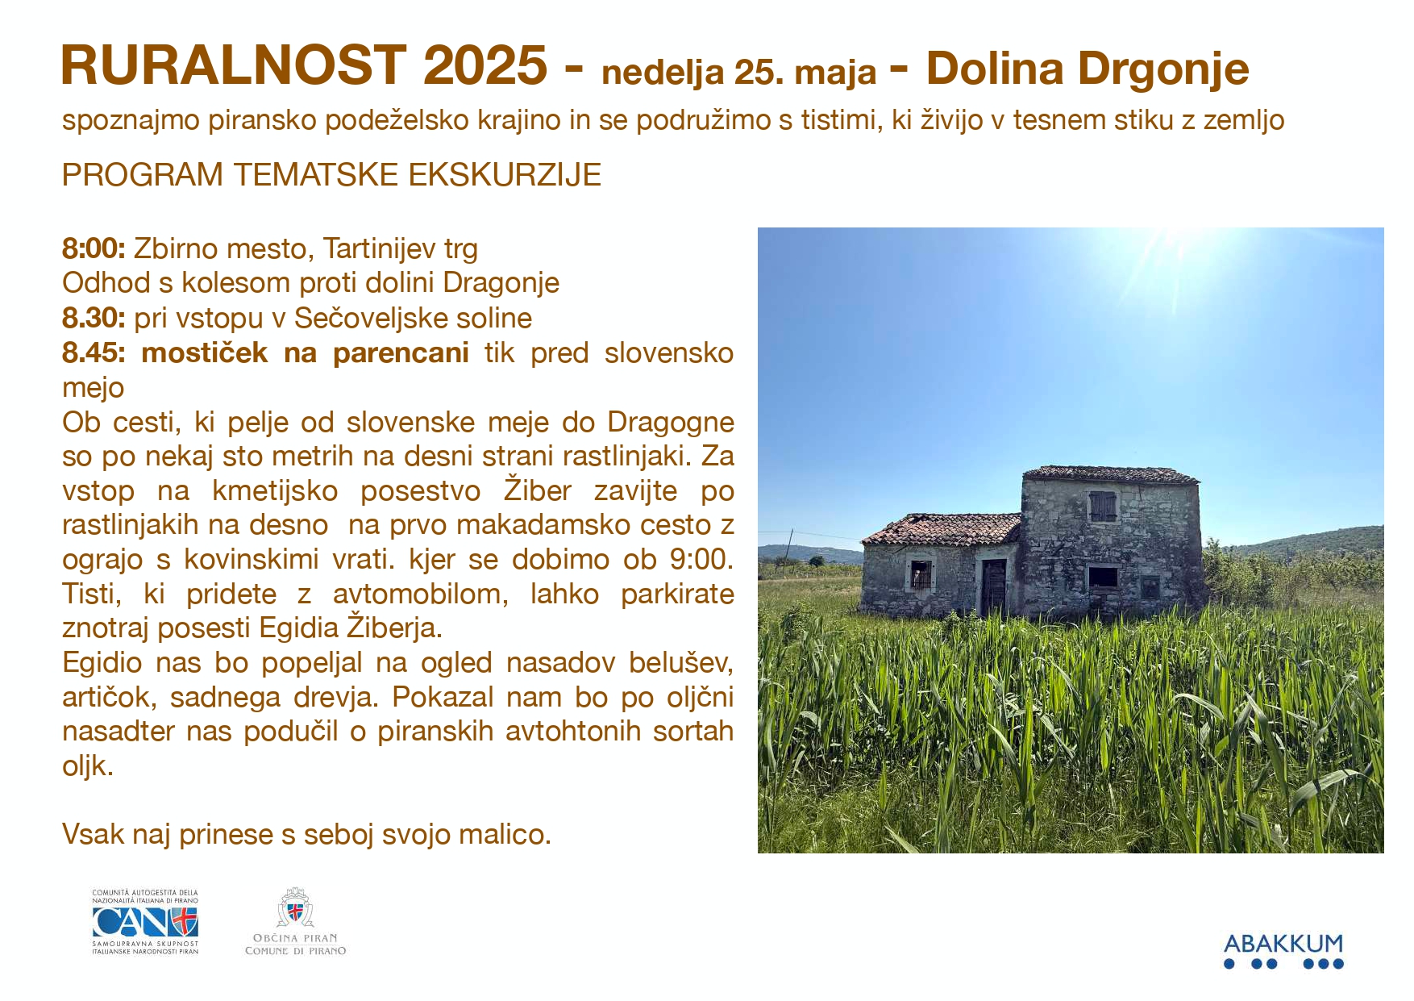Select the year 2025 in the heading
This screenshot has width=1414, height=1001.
[x=485, y=65]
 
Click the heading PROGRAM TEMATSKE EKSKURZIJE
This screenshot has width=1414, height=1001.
[x=331, y=175]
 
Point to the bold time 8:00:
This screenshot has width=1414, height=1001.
[x=94, y=248]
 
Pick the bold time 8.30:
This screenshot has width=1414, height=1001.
[x=94, y=318]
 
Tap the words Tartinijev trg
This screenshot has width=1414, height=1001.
[x=400, y=249]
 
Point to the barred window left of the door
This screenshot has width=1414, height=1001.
[x=921, y=575]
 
